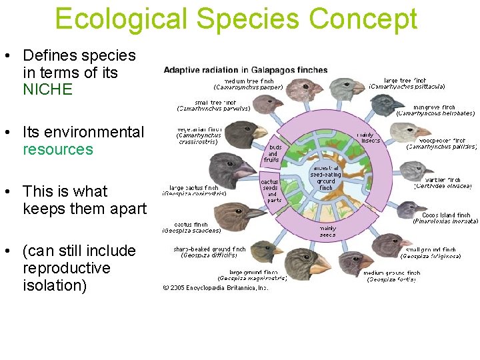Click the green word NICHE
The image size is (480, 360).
pos(47,89)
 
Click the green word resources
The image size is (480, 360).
pos(58,149)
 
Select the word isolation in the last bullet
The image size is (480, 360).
pos(55,285)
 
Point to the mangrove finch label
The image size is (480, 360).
pos(435,110)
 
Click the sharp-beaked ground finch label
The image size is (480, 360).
pos(209,252)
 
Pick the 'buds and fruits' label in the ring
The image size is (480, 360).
pos(273,153)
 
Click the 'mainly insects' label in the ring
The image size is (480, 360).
pos(369,137)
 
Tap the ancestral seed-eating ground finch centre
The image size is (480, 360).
pos(325,177)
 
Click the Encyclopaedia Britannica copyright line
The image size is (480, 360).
pos(215,288)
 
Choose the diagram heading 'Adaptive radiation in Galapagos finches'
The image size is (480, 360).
pos(245,70)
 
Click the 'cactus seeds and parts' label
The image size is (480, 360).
pos(271,191)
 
